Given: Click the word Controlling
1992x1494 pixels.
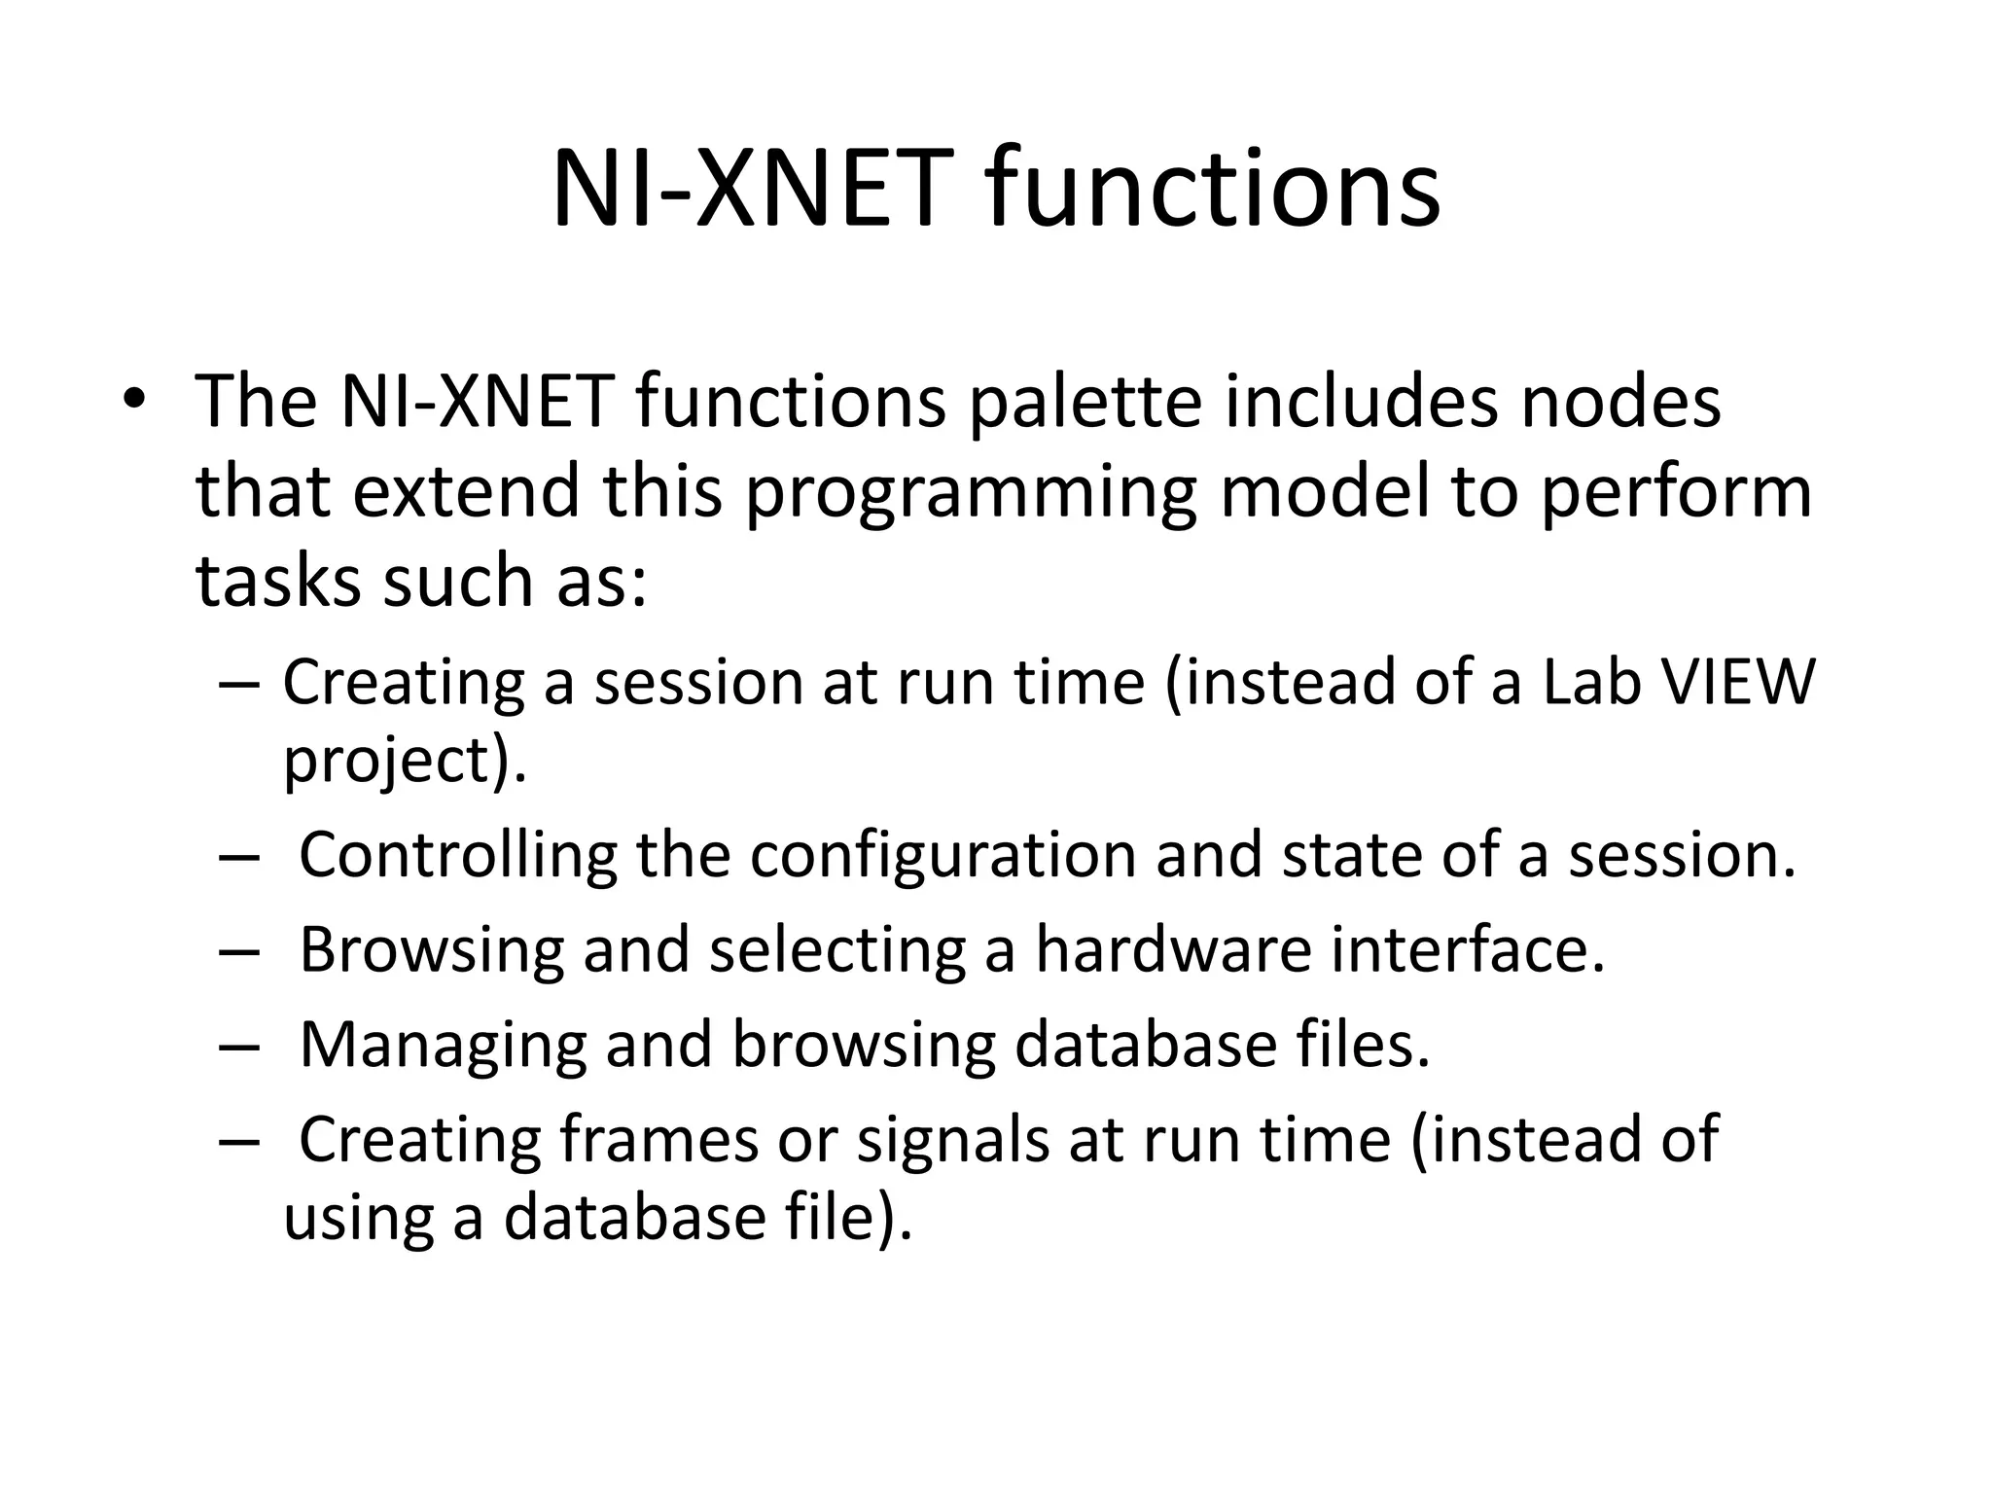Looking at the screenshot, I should click(457, 855).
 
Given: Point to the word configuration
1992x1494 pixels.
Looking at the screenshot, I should click(943, 855).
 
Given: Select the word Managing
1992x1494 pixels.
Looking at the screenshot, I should click(443, 1044).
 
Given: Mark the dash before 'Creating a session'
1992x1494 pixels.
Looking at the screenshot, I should click(239, 683).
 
